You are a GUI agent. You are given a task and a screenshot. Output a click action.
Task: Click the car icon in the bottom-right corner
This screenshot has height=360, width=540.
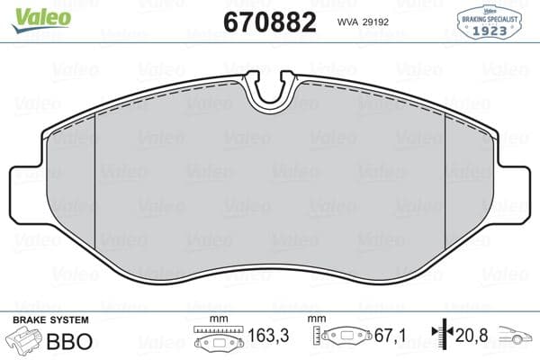click(x=517, y=337)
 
